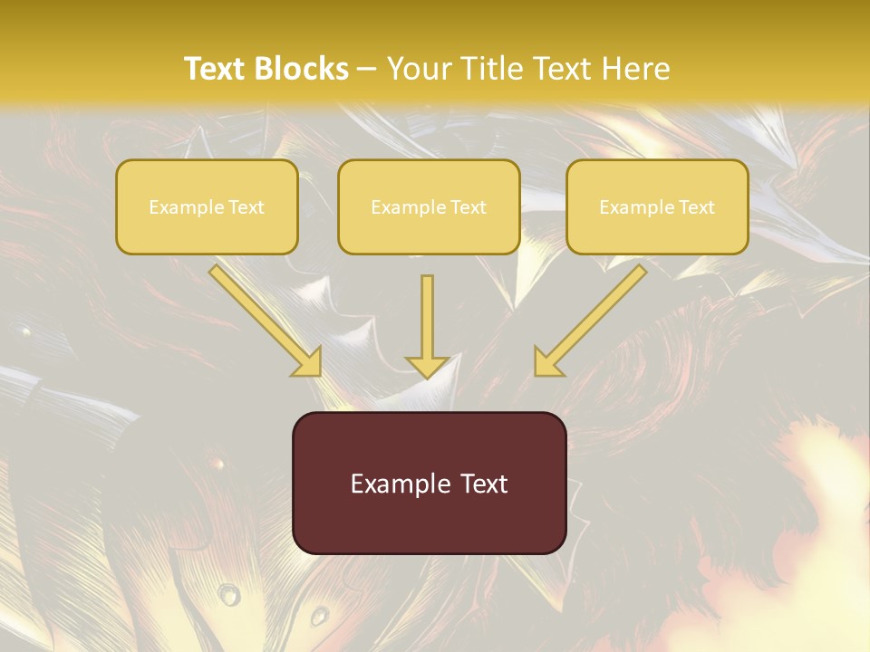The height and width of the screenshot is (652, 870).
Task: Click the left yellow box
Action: [207, 206]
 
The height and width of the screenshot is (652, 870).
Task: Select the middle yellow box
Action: [429, 206]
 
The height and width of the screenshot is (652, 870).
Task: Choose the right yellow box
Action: [657, 206]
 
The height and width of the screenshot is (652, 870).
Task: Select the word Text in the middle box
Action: [468, 207]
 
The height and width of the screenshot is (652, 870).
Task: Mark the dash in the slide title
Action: [367, 69]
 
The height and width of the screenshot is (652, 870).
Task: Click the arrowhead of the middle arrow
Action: [427, 367]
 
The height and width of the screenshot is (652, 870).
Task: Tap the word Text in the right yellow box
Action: [696, 207]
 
